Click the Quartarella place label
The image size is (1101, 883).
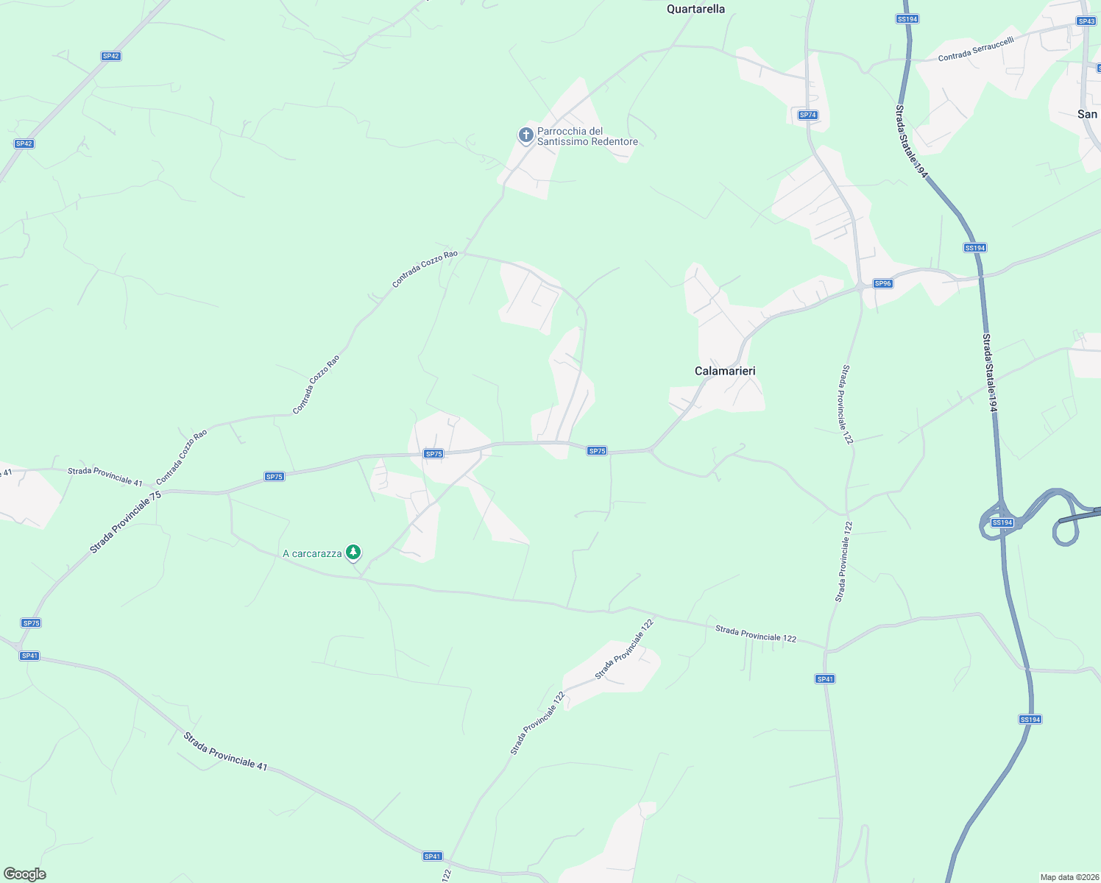[x=695, y=9]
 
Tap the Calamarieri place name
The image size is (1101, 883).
[x=725, y=371]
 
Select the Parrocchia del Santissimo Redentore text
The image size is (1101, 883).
[x=587, y=136]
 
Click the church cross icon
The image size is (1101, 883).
[x=525, y=135]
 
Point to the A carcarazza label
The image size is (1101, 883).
[x=312, y=553]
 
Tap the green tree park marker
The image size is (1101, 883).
[x=353, y=552]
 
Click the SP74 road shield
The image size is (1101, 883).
[x=807, y=115]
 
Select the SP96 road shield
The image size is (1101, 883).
[x=882, y=283]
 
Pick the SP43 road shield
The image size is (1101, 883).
[x=1086, y=21]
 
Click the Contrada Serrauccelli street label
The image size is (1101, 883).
[x=975, y=49]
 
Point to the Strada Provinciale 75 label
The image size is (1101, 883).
[x=125, y=522]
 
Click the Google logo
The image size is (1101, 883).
[x=24, y=874]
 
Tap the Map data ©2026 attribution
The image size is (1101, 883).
[x=1069, y=877]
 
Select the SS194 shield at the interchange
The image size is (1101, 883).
[x=1002, y=522]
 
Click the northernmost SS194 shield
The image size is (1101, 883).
[x=907, y=18]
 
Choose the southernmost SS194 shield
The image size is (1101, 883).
[x=1030, y=719]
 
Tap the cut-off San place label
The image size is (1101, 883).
[x=1087, y=114]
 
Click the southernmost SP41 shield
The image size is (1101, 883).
[x=432, y=856]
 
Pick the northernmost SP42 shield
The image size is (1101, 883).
[x=110, y=56]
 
